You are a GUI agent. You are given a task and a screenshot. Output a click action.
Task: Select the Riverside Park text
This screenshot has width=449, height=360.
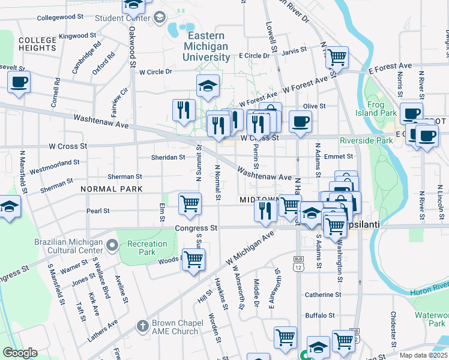(x=366, y=140)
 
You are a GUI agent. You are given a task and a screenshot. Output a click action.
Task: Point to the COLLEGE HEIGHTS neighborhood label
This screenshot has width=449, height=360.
(x=37, y=43)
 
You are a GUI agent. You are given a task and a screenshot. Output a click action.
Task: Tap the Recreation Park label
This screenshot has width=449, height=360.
(x=147, y=248)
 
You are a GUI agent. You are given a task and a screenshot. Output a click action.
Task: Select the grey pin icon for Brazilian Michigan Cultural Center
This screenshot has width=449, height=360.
(x=112, y=244)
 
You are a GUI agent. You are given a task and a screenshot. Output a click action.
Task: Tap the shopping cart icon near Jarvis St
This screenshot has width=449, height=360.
(x=337, y=58)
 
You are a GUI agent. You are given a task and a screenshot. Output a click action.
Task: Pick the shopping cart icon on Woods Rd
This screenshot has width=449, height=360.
(x=193, y=260)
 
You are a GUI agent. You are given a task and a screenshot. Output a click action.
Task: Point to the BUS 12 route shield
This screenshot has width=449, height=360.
(x=298, y=262)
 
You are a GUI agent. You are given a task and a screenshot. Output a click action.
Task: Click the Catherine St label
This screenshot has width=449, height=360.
(x=323, y=295)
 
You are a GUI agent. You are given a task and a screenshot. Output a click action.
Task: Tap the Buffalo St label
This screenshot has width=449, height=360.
(x=319, y=315)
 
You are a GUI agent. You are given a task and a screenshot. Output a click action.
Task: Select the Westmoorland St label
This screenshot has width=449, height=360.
(x=54, y=163)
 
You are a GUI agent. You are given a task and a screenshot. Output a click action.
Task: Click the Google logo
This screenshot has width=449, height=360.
(x=20, y=353)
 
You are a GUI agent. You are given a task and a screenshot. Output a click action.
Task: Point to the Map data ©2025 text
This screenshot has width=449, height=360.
(x=423, y=355)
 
